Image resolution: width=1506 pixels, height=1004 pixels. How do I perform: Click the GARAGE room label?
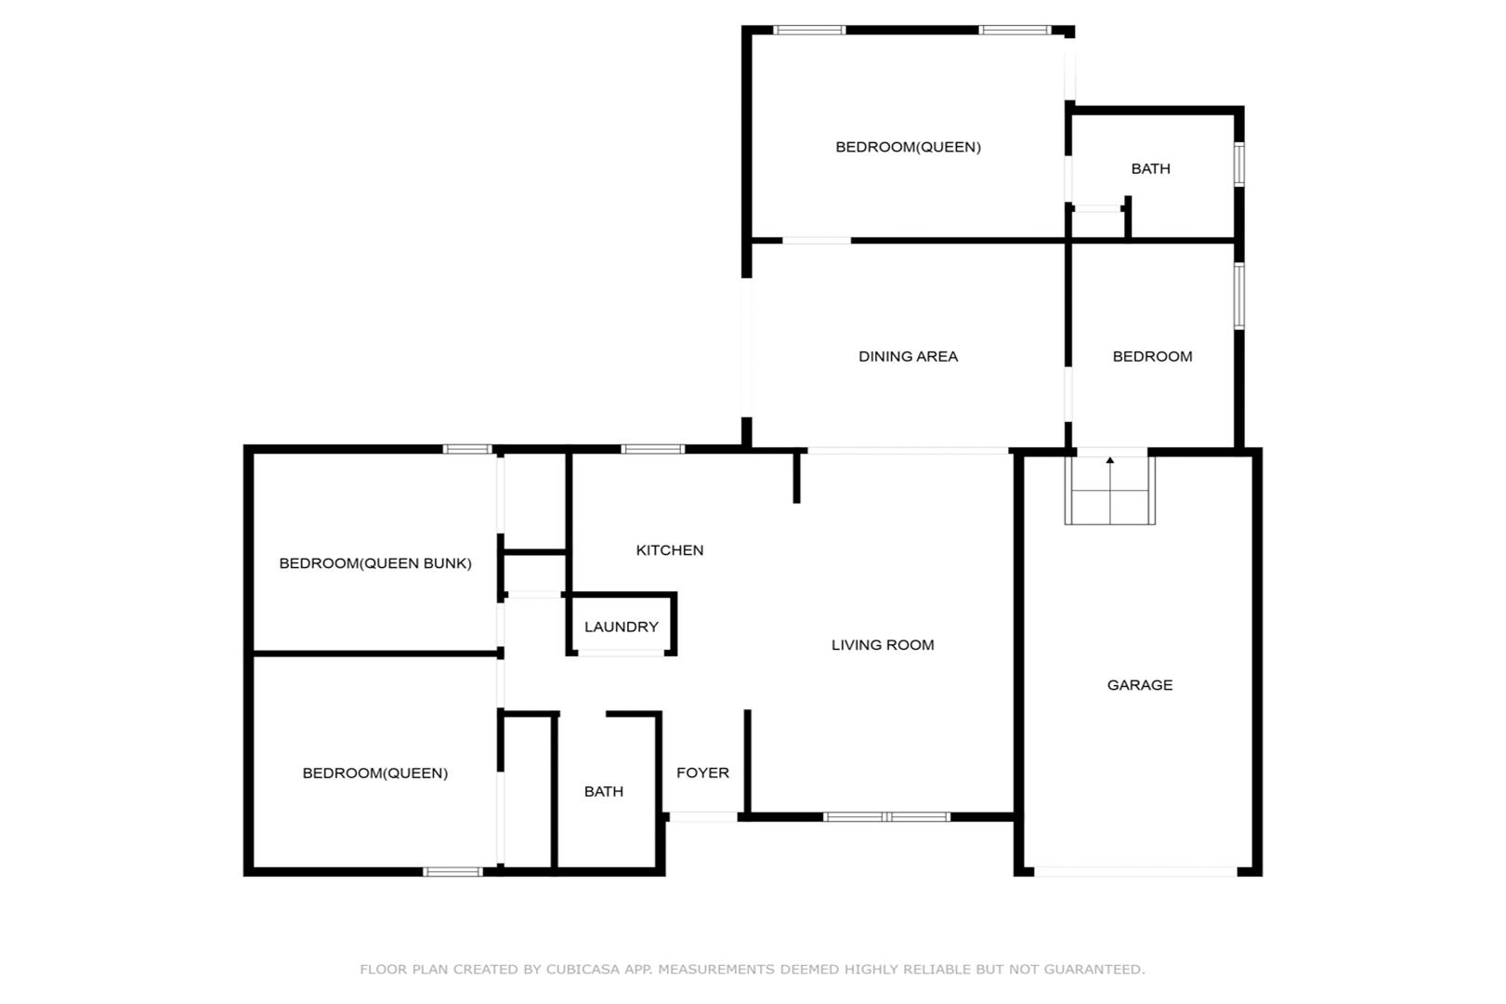pyautogui.click(x=1140, y=685)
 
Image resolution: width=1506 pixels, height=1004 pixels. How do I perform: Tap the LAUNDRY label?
pyautogui.click(x=622, y=627)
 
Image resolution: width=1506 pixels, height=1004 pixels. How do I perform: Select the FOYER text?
pyautogui.click(x=702, y=773)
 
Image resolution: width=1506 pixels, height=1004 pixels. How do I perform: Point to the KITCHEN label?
pyautogui.click(x=670, y=550)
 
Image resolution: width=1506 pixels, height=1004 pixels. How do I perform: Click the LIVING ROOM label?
pyautogui.click(x=883, y=644)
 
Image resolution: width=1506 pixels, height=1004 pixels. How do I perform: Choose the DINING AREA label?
pyautogui.click(x=909, y=357)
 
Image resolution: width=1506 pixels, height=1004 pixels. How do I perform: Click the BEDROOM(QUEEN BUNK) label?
pyautogui.click(x=375, y=563)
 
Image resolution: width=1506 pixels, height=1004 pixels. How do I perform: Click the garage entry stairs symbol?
pyautogui.click(x=1110, y=490)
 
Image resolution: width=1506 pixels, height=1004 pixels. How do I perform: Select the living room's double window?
pyautogui.click(x=887, y=817)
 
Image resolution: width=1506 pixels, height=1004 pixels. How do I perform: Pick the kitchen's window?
pyautogui.click(x=653, y=449)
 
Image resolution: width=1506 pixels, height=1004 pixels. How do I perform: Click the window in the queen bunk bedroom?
pyautogui.click(x=467, y=449)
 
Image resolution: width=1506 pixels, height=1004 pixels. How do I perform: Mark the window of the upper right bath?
pyautogui.click(x=1239, y=165)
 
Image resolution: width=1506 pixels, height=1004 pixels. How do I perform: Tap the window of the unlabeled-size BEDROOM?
pyautogui.click(x=1239, y=296)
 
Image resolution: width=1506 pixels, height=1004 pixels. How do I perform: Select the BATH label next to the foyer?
pyautogui.click(x=604, y=791)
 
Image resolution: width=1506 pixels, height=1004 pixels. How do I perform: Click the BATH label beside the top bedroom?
pyautogui.click(x=1151, y=169)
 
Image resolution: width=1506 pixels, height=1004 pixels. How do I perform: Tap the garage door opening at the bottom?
pyautogui.click(x=1135, y=871)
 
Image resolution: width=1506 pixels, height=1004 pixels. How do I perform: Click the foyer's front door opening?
pyautogui.click(x=703, y=817)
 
